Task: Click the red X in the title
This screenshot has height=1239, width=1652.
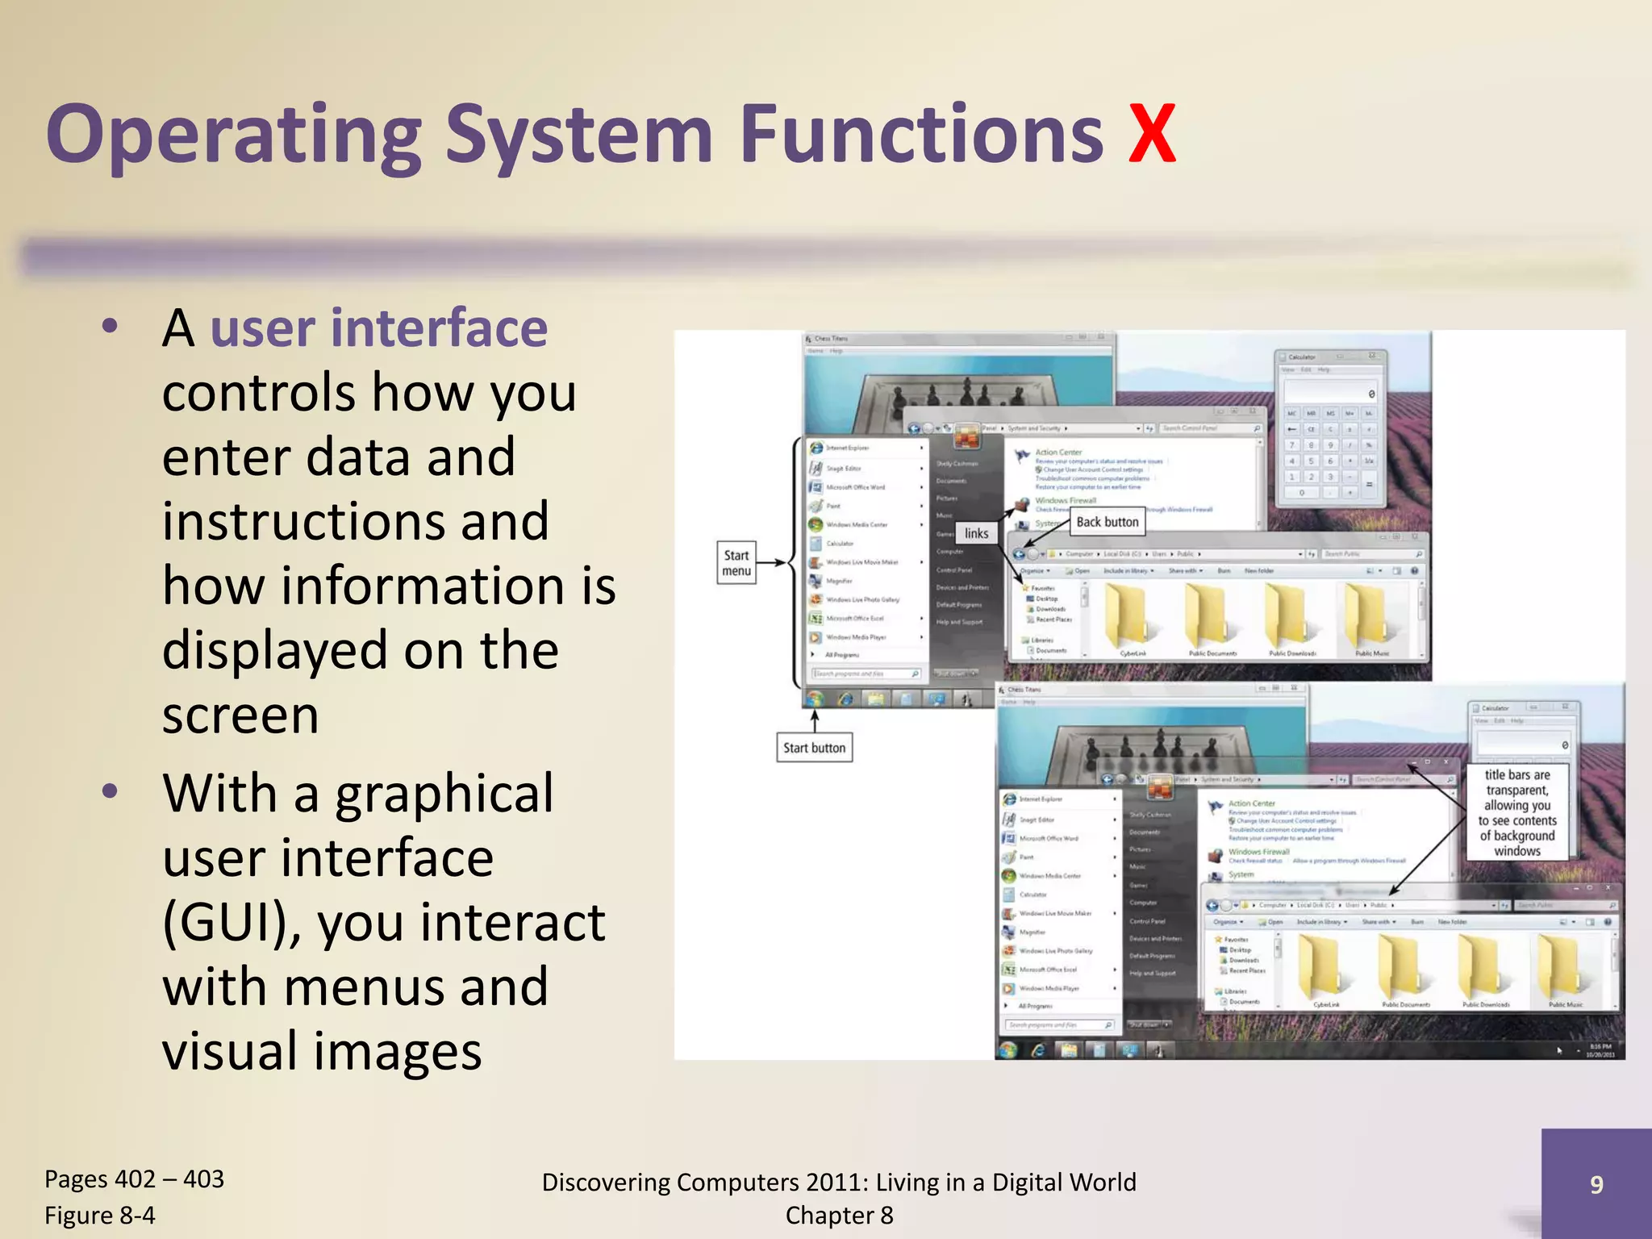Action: coord(1151,133)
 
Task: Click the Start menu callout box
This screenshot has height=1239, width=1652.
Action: coord(736,563)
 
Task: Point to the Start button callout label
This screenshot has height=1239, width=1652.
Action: coord(814,748)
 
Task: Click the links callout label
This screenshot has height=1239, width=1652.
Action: coord(976,533)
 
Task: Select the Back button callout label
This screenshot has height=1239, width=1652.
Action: coord(1107,522)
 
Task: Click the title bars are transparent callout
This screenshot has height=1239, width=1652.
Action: coord(1516,812)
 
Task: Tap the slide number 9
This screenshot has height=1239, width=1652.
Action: coord(1596,1184)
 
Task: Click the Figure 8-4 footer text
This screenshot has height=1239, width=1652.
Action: coord(99,1215)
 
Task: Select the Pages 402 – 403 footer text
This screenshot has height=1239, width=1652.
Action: coord(134,1179)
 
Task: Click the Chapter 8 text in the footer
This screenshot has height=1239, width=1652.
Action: coord(839,1215)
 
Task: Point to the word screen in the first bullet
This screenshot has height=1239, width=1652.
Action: coord(240,715)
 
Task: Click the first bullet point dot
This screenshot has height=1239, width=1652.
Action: coord(111,327)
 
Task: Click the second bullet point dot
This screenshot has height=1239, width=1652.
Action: coord(111,791)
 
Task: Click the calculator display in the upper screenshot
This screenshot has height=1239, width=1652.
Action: coord(1331,393)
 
